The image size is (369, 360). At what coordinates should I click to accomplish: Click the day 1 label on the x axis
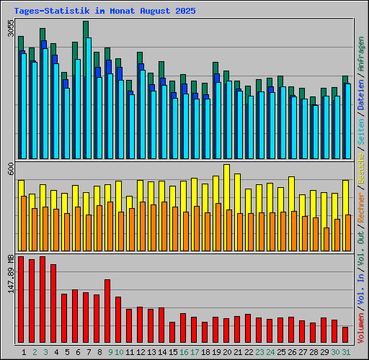(25, 352)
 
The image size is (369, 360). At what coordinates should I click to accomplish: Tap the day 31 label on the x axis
(346, 352)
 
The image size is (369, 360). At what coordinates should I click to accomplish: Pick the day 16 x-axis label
(184, 352)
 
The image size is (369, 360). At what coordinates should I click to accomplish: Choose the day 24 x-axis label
(270, 352)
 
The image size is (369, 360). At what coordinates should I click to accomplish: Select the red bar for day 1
(21, 300)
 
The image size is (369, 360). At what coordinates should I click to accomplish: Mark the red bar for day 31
(345, 335)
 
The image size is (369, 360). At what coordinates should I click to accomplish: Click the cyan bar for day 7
(88, 98)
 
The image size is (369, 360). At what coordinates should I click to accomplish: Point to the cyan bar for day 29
(326, 127)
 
